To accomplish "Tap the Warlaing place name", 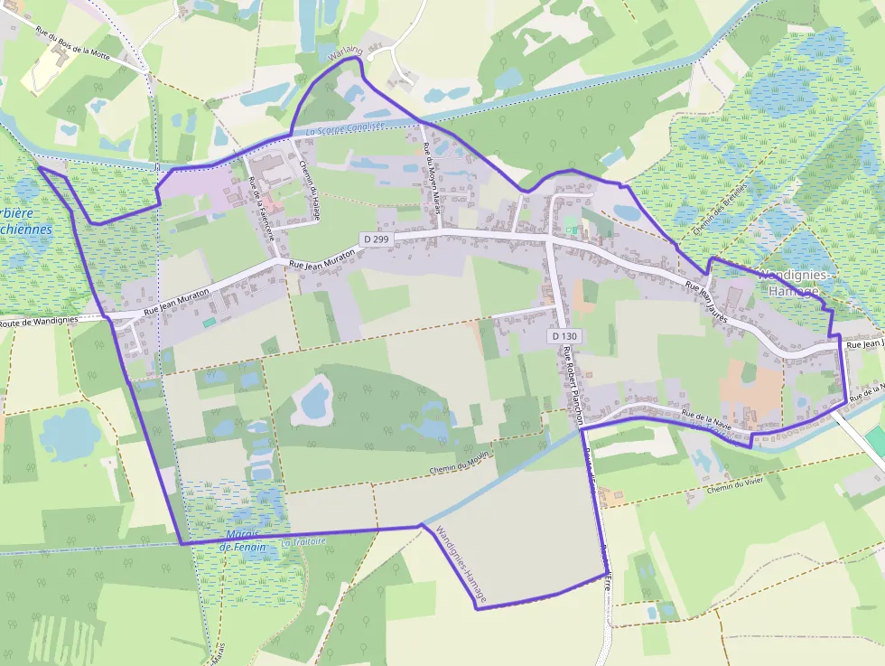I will tap(344, 55).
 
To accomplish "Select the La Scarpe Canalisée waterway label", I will tap(345, 129).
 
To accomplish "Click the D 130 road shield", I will tap(563, 336).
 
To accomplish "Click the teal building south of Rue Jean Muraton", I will tap(210, 322).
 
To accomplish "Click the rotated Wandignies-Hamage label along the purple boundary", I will tap(461, 565).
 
